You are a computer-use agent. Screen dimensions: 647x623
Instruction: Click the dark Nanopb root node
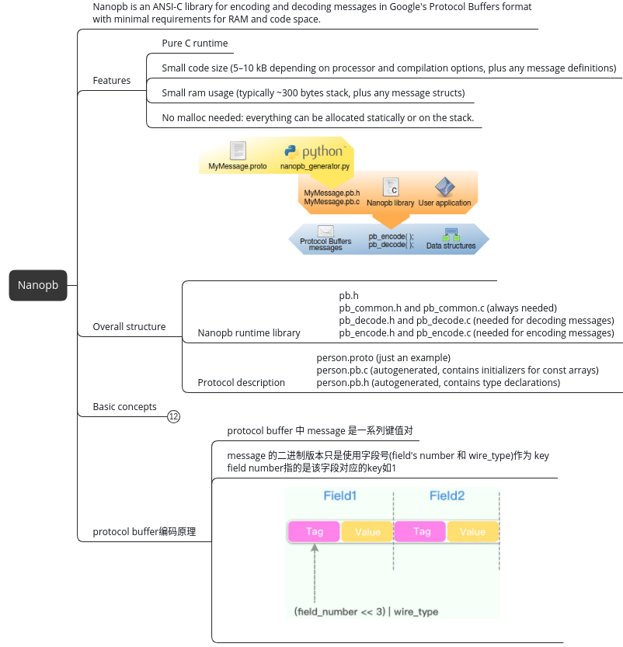37,285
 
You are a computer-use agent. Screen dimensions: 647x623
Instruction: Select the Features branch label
112,81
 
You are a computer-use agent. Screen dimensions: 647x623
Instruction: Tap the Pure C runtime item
194,43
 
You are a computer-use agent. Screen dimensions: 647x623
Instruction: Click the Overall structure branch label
129,327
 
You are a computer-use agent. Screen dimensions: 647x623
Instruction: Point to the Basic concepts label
124,407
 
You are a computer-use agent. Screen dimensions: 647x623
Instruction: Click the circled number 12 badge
174,417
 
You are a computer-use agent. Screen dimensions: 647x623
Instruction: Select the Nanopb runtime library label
249,333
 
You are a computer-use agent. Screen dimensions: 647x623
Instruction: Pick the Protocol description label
241,383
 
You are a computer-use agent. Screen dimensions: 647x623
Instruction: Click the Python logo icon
291,151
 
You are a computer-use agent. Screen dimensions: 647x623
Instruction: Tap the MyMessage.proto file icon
238,151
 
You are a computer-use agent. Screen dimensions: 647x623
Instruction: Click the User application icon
444,187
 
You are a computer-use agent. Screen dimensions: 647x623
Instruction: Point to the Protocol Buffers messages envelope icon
325,231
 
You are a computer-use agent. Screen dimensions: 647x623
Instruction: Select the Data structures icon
451,234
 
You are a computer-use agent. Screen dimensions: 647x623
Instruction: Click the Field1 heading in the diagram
340,496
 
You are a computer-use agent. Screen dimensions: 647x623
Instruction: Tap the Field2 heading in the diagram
447,496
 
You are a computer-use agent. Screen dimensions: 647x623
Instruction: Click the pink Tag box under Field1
315,531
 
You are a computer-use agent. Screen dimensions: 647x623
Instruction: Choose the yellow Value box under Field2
472,531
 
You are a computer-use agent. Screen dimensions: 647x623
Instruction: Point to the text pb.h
349,296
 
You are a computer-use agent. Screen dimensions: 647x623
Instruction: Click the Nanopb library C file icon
391,186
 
